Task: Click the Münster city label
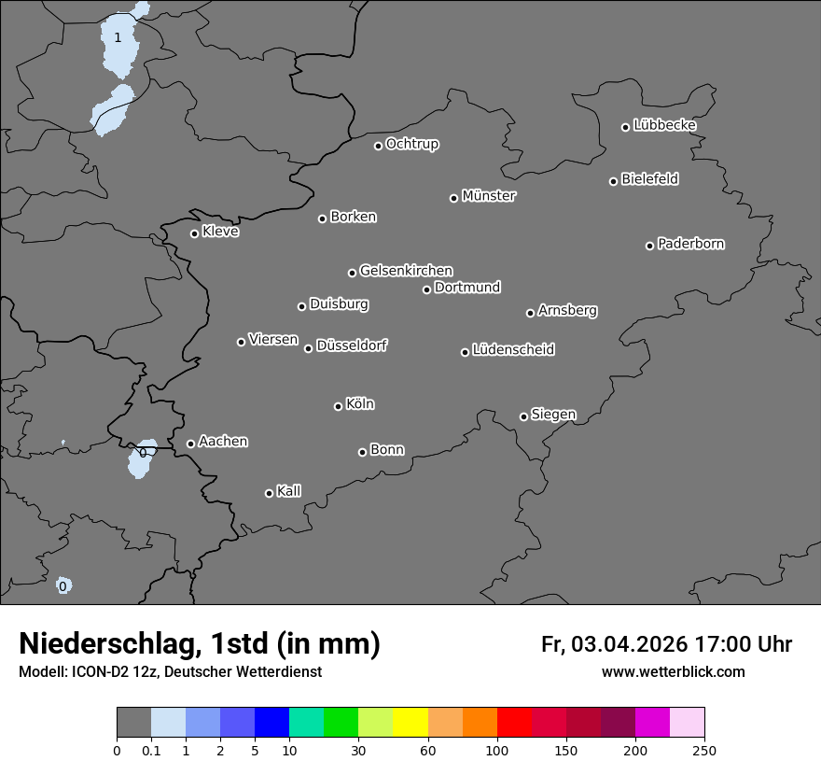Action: tap(489, 196)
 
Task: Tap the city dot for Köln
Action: tap(338, 406)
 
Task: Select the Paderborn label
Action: tap(691, 244)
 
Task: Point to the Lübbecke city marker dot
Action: tap(625, 127)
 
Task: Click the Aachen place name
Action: tap(223, 442)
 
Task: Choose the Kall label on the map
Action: tap(289, 491)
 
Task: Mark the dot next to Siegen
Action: tap(523, 416)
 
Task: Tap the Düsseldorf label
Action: tap(352, 345)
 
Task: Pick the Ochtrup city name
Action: tap(412, 144)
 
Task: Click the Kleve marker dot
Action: tap(194, 233)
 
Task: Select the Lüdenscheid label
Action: tap(513, 350)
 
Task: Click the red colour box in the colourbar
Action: tap(514, 723)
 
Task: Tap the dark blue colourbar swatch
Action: tap(271, 723)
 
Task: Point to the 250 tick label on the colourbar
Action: tap(704, 750)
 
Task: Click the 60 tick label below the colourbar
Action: tap(428, 750)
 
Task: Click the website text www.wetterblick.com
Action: tap(673, 672)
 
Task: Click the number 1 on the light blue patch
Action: tap(118, 37)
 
